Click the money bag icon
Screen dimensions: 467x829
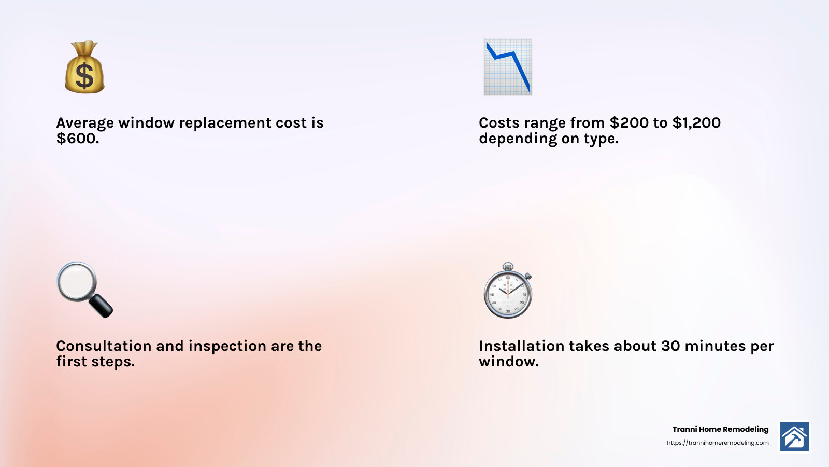[x=84, y=67]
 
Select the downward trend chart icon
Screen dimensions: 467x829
[x=508, y=67]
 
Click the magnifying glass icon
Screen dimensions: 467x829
[x=84, y=289]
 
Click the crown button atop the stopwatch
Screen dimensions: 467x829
[x=508, y=266]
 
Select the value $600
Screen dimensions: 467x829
[x=77, y=139]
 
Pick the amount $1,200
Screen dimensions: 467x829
[x=696, y=123]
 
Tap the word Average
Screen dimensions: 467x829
[x=85, y=123]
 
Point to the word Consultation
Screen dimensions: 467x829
[x=104, y=346]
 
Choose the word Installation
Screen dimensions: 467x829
[x=522, y=346]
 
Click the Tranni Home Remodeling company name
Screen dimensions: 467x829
[x=720, y=429]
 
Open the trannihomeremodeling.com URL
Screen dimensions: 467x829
[x=718, y=443]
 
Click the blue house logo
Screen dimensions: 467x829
[x=794, y=436]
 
